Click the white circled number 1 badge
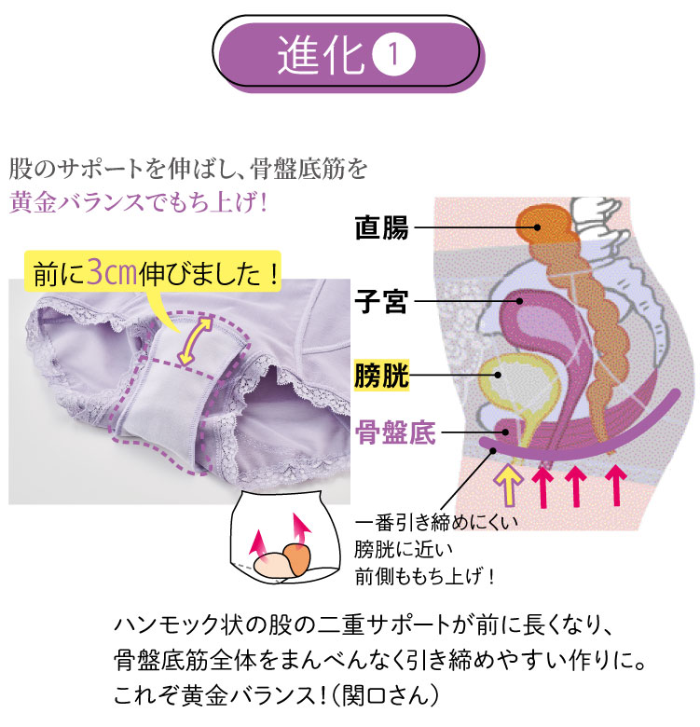click(393, 54)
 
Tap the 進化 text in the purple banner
click(321, 54)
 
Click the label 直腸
click(381, 227)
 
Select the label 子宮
click(381, 301)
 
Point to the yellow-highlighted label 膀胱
click(381, 375)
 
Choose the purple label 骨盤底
click(395, 432)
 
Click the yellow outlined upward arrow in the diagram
click(509, 484)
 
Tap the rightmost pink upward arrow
click(616, 486)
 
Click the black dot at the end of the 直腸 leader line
click(537, 227)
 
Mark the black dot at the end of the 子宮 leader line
click(520, 301)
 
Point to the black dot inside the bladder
click(499, 375)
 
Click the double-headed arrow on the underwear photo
click(195, 342)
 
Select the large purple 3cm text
click(112, 272)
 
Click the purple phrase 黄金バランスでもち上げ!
click(139, 202)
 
